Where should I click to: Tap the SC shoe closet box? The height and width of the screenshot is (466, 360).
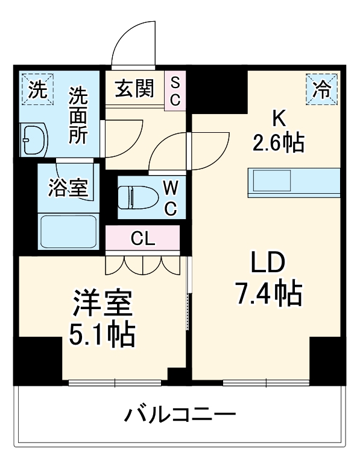click(x=175, y=91)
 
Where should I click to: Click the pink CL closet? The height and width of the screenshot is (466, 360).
click(x=143, y=238)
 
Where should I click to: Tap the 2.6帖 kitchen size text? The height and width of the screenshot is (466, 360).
click(x=278, y=143)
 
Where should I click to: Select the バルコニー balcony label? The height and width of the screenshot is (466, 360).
click(x=179, y=415)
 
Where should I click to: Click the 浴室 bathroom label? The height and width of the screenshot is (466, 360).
click(x=68, y=188)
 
